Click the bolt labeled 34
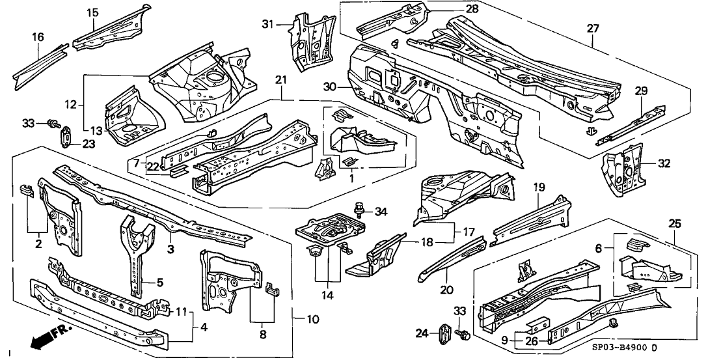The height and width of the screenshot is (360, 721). (357, 209)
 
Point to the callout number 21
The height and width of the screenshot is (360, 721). (280, 79)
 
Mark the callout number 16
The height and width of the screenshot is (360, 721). (37, 36)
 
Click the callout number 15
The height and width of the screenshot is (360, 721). (92, 12)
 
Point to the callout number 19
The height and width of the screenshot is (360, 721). (539, 186)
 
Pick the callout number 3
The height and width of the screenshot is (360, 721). (169, 248)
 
